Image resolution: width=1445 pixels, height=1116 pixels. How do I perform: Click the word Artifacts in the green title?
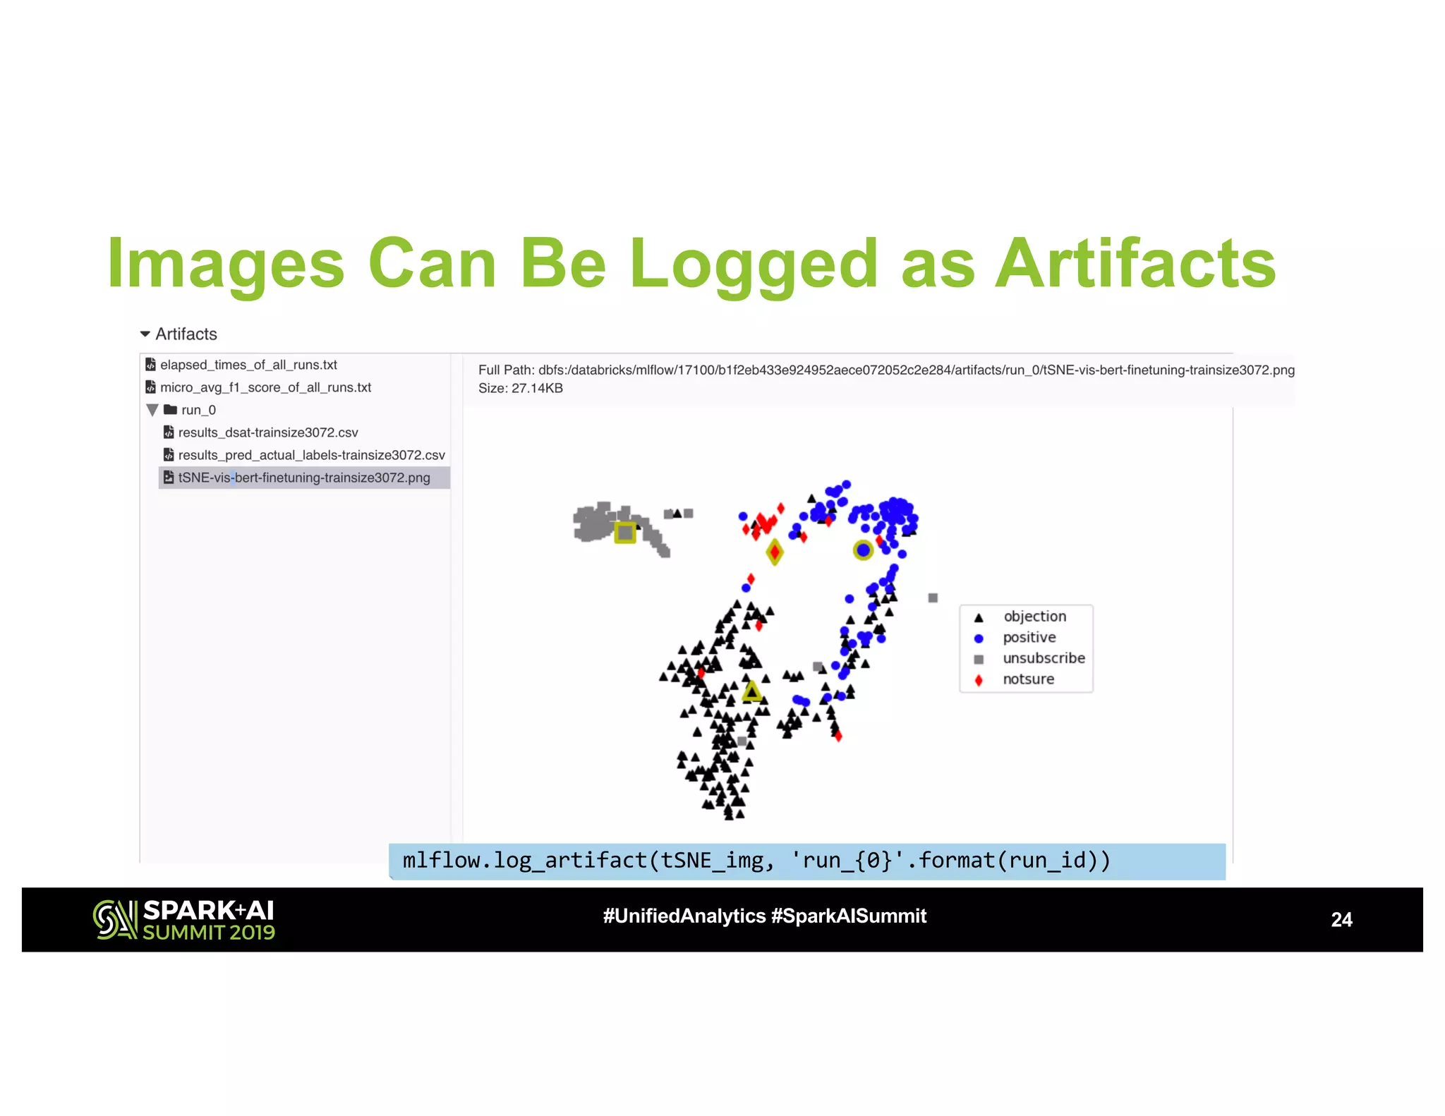[1135, 264]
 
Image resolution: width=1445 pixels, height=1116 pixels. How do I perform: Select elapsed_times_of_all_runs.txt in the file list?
[248, 365]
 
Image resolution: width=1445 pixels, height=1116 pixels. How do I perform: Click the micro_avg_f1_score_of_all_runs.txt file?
[265, 387]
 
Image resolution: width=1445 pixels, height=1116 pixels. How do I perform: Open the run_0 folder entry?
[198, 410]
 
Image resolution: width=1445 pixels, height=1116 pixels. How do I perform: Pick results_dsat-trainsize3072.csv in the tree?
[267, 432]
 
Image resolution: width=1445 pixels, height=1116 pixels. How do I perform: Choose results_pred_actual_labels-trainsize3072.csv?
[311, 455]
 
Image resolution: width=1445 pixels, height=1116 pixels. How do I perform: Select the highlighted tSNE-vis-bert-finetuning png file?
[303, 478]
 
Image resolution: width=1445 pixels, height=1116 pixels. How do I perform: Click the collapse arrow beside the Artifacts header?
[145, 334]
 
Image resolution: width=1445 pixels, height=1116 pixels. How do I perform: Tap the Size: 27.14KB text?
[520, 388]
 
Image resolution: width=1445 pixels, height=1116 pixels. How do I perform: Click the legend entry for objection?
[1034, 617]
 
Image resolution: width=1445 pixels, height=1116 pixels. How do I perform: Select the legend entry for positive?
[1029, 638]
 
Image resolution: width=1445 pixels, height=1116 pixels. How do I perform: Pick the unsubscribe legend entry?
[1043, 658]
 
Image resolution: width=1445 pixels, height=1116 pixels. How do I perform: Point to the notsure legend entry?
[1028, 679]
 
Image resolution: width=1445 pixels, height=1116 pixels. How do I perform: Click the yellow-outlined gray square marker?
[625, 532]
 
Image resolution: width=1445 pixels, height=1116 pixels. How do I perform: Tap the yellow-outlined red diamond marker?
[775, 552]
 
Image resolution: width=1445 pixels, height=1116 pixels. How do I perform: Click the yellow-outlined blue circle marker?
[863, 550]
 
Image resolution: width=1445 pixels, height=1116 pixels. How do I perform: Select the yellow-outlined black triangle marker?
[752, 692]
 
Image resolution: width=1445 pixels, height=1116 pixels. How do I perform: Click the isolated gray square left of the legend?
[933, 598]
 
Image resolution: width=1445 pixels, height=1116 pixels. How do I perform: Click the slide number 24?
[1341, 919]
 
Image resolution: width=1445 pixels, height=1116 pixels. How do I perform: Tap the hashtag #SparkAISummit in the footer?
[848, 916]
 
